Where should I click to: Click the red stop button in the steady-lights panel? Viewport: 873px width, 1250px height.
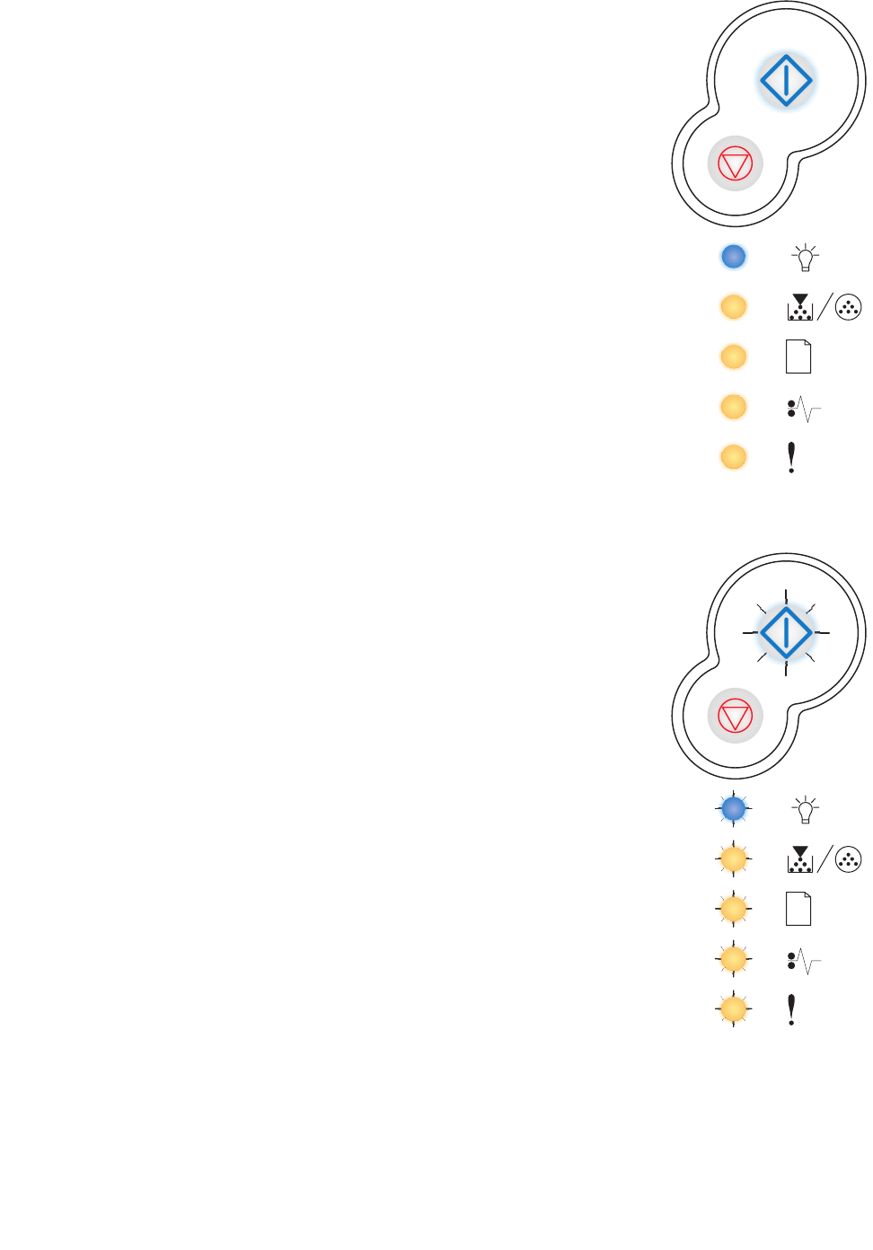tap(736, 164)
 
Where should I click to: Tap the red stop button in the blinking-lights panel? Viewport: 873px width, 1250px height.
tap(736, 717)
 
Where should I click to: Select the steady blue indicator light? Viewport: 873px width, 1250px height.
tap(734, 257)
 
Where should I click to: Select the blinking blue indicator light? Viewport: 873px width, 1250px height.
tap(734, 809)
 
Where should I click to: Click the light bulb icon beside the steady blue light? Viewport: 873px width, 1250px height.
tap(806, 258)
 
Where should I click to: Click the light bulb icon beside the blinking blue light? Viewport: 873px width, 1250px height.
tap(806, 810)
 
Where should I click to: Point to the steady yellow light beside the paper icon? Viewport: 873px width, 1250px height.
tap(734, 357)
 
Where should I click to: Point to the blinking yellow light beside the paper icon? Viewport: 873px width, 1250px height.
tap(734, 910)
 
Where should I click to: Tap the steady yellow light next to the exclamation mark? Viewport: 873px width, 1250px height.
tap(734, 457)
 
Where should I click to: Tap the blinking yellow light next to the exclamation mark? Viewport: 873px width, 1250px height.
tap(734, 1009)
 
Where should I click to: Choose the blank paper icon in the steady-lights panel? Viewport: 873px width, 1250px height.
tap(798, 357)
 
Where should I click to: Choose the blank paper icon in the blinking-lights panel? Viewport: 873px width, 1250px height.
tap(798, 909)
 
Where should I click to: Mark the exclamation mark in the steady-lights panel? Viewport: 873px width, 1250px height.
tap(791, 457)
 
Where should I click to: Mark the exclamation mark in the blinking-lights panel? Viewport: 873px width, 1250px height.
tap(791, 1009)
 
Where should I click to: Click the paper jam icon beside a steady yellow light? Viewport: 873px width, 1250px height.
tap(804, 409)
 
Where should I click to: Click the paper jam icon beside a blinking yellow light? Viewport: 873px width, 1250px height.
tap(804, 962)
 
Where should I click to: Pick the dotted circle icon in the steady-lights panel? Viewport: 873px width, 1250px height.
tap(848, 307)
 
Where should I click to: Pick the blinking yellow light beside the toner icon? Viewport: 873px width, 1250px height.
tap(734, 859)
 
